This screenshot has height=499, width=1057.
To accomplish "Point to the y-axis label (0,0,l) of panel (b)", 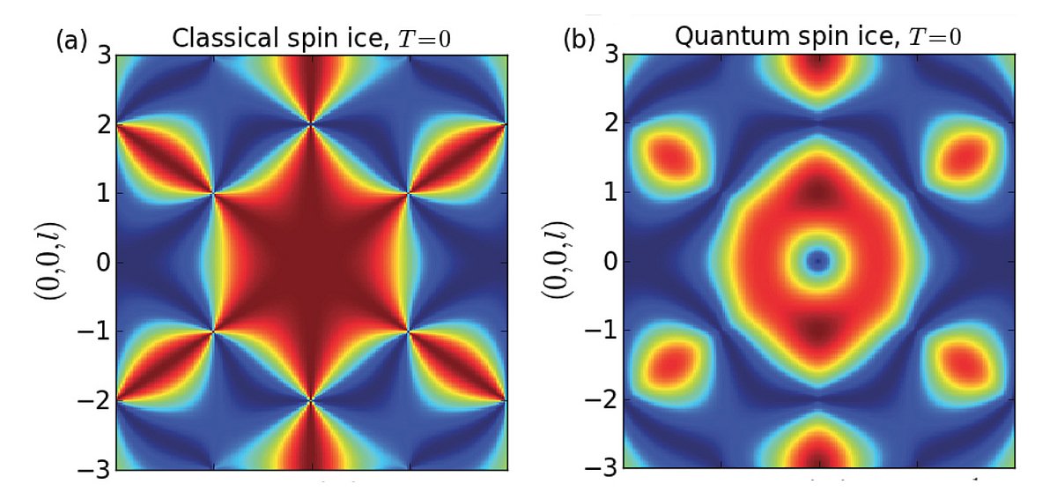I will pos(558,262).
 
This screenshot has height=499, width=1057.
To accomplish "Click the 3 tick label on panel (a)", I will pos(101,56).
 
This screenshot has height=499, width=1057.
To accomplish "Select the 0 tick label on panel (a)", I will pos(101,262).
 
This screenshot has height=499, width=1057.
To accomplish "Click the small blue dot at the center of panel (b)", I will pos(819,261).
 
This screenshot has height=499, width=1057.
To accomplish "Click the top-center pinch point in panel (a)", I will pos(311,124).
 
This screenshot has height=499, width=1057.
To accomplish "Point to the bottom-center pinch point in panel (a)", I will pos(311,400).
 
